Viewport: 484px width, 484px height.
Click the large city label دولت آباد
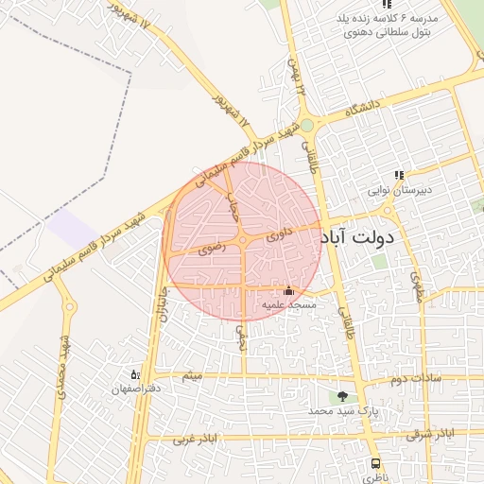tap(370, 237)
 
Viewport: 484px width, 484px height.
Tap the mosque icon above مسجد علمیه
tap(288, 291)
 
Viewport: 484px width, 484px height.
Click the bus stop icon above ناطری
tap(376, 465)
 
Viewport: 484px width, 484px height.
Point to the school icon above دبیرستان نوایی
tap(400, 175)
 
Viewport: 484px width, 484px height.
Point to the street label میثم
tap(192, 377)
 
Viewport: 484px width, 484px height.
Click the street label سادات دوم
tap(416, 379)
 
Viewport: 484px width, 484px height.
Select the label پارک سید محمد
tap(336, 412)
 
